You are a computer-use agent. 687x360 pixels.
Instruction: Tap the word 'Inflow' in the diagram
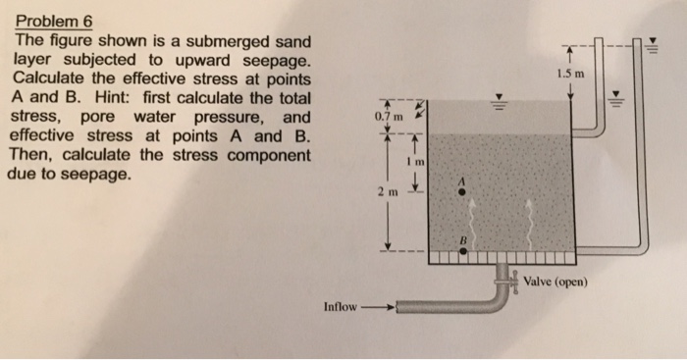click(341, 307)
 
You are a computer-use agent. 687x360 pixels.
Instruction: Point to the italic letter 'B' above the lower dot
click(458, 239)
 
